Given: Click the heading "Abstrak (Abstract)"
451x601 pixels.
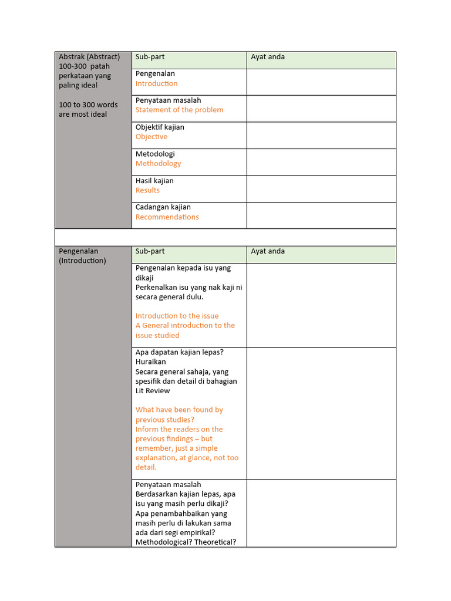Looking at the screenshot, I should [89, 57].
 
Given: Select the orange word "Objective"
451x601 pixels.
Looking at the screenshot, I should [152, 137].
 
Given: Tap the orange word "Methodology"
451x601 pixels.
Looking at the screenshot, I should [158, 164].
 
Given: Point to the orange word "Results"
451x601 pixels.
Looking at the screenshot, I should [147, 190].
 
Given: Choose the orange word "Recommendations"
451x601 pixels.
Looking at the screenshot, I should [167, 217].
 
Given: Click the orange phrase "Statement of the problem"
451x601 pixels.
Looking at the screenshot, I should [179, 110].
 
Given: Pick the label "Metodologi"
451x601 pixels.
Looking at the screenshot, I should [155, 154].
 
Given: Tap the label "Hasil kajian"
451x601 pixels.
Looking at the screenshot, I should [154, 181].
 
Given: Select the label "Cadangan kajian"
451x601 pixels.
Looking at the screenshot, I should [163, 207].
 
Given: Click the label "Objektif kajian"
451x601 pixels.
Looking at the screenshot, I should [160, 127].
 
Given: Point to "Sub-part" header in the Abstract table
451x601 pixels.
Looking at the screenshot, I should [150, 57].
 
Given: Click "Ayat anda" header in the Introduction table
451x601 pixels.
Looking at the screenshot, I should [268, 251].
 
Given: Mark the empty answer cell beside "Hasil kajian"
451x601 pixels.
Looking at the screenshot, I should [321, 189].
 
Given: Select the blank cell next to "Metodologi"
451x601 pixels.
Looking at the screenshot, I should [321, 162].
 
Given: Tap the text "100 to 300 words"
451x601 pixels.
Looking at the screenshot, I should [88, 105].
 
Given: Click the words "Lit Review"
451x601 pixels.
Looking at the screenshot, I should [153, 391].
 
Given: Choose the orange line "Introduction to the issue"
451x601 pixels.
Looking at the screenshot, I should [177, 316].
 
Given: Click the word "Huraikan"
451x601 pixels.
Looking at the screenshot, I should [150, 362].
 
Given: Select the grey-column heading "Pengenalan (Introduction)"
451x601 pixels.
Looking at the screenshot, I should [82, 256].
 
